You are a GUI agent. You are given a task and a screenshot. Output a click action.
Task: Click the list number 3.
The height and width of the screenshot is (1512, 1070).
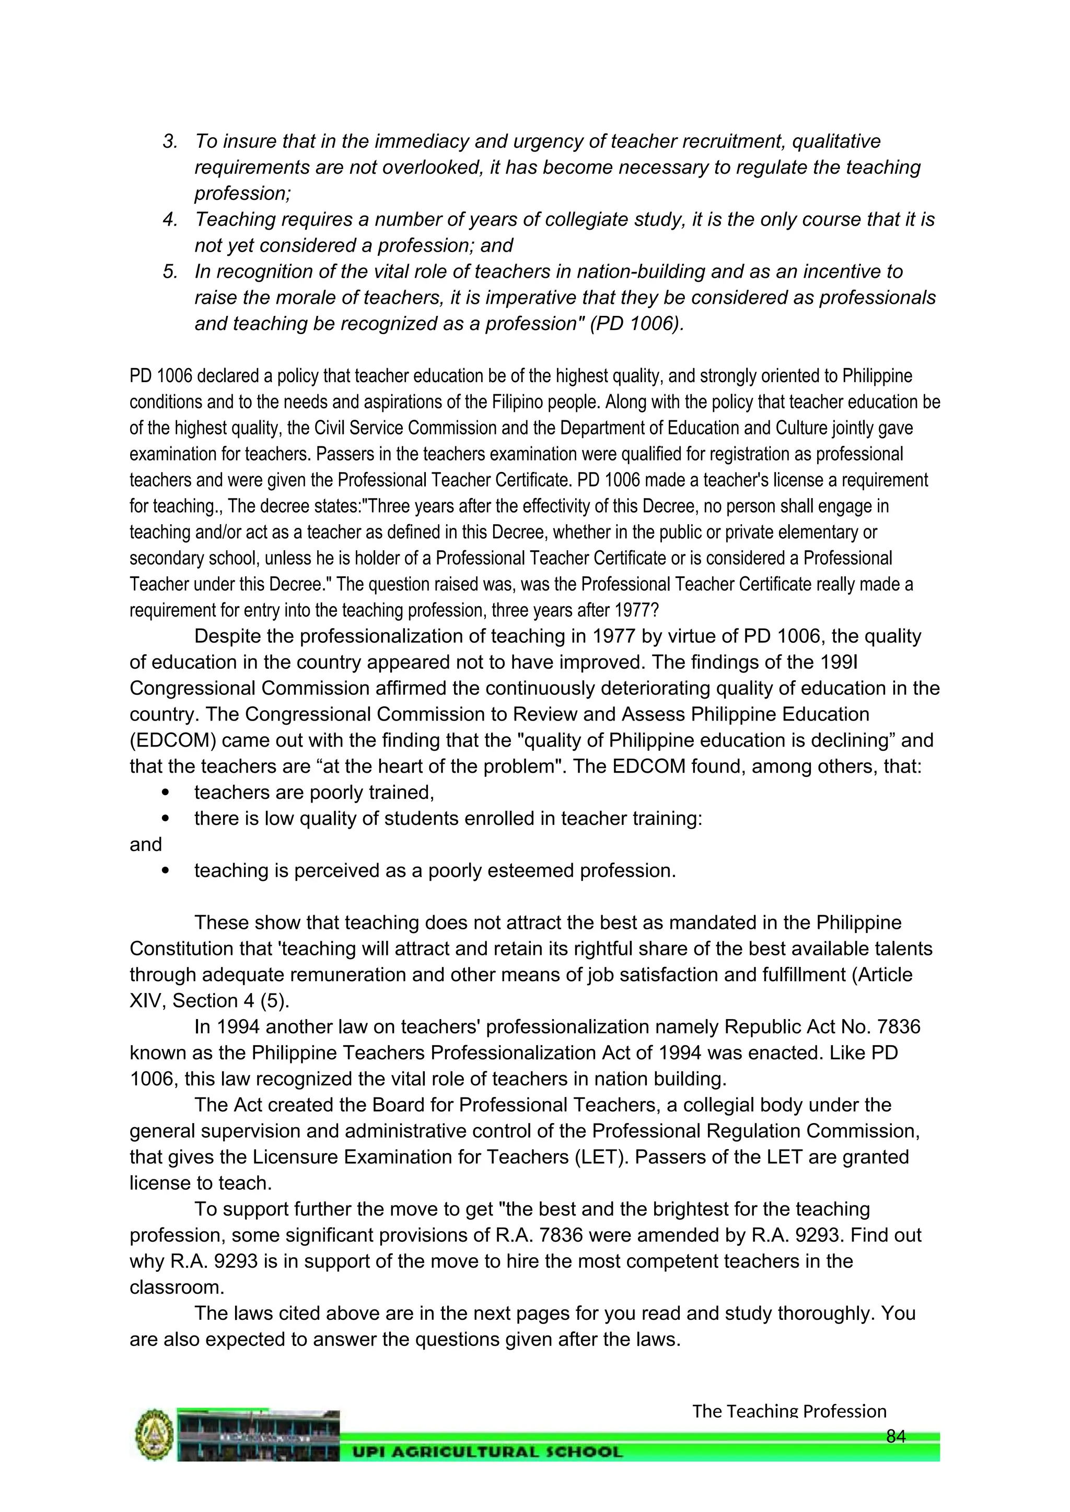tap(170, 141)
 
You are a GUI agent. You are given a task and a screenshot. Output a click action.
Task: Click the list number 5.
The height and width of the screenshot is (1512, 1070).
tap(170, 272)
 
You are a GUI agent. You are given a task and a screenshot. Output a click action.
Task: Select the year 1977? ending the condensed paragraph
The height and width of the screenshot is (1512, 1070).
tap(635, 610)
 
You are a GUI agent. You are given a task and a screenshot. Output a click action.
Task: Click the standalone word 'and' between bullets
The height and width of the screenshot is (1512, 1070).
tap(146, 845)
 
